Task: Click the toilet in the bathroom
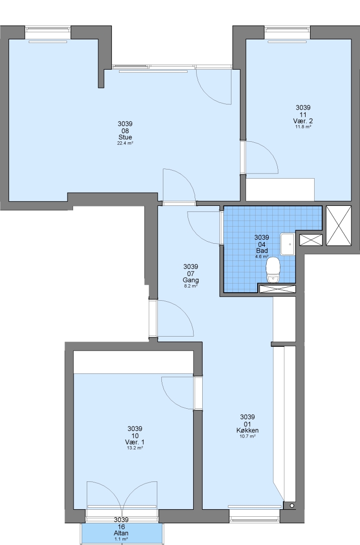tap(273, 269)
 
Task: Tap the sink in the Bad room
tap(287, 244)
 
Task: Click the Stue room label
tap(125, 137)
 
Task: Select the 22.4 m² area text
tap(125, 143)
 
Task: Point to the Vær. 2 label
tap(303, 121)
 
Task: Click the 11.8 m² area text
tap(303, 127)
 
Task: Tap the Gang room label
tap(191, 280)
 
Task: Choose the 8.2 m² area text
tap(191, 286)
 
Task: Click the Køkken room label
tap(248, 430)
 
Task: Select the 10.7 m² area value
tap(248, 436)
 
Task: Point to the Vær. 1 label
tap(135, 442)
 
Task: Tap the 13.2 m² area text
tap(135, 448)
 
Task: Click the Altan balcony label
tap(121, 533)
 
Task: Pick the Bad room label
tap(262, 251)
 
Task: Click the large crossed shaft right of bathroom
tap(339, 226)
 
